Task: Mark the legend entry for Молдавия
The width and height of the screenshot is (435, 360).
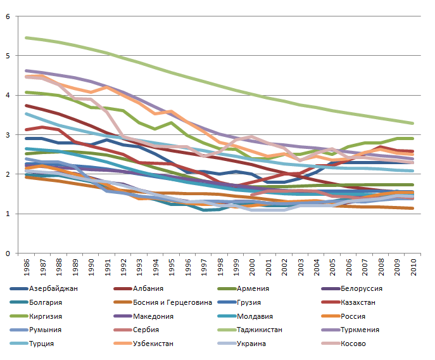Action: (x=256, y=316)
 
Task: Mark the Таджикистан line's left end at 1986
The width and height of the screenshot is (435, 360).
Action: (x=25, y=38)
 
